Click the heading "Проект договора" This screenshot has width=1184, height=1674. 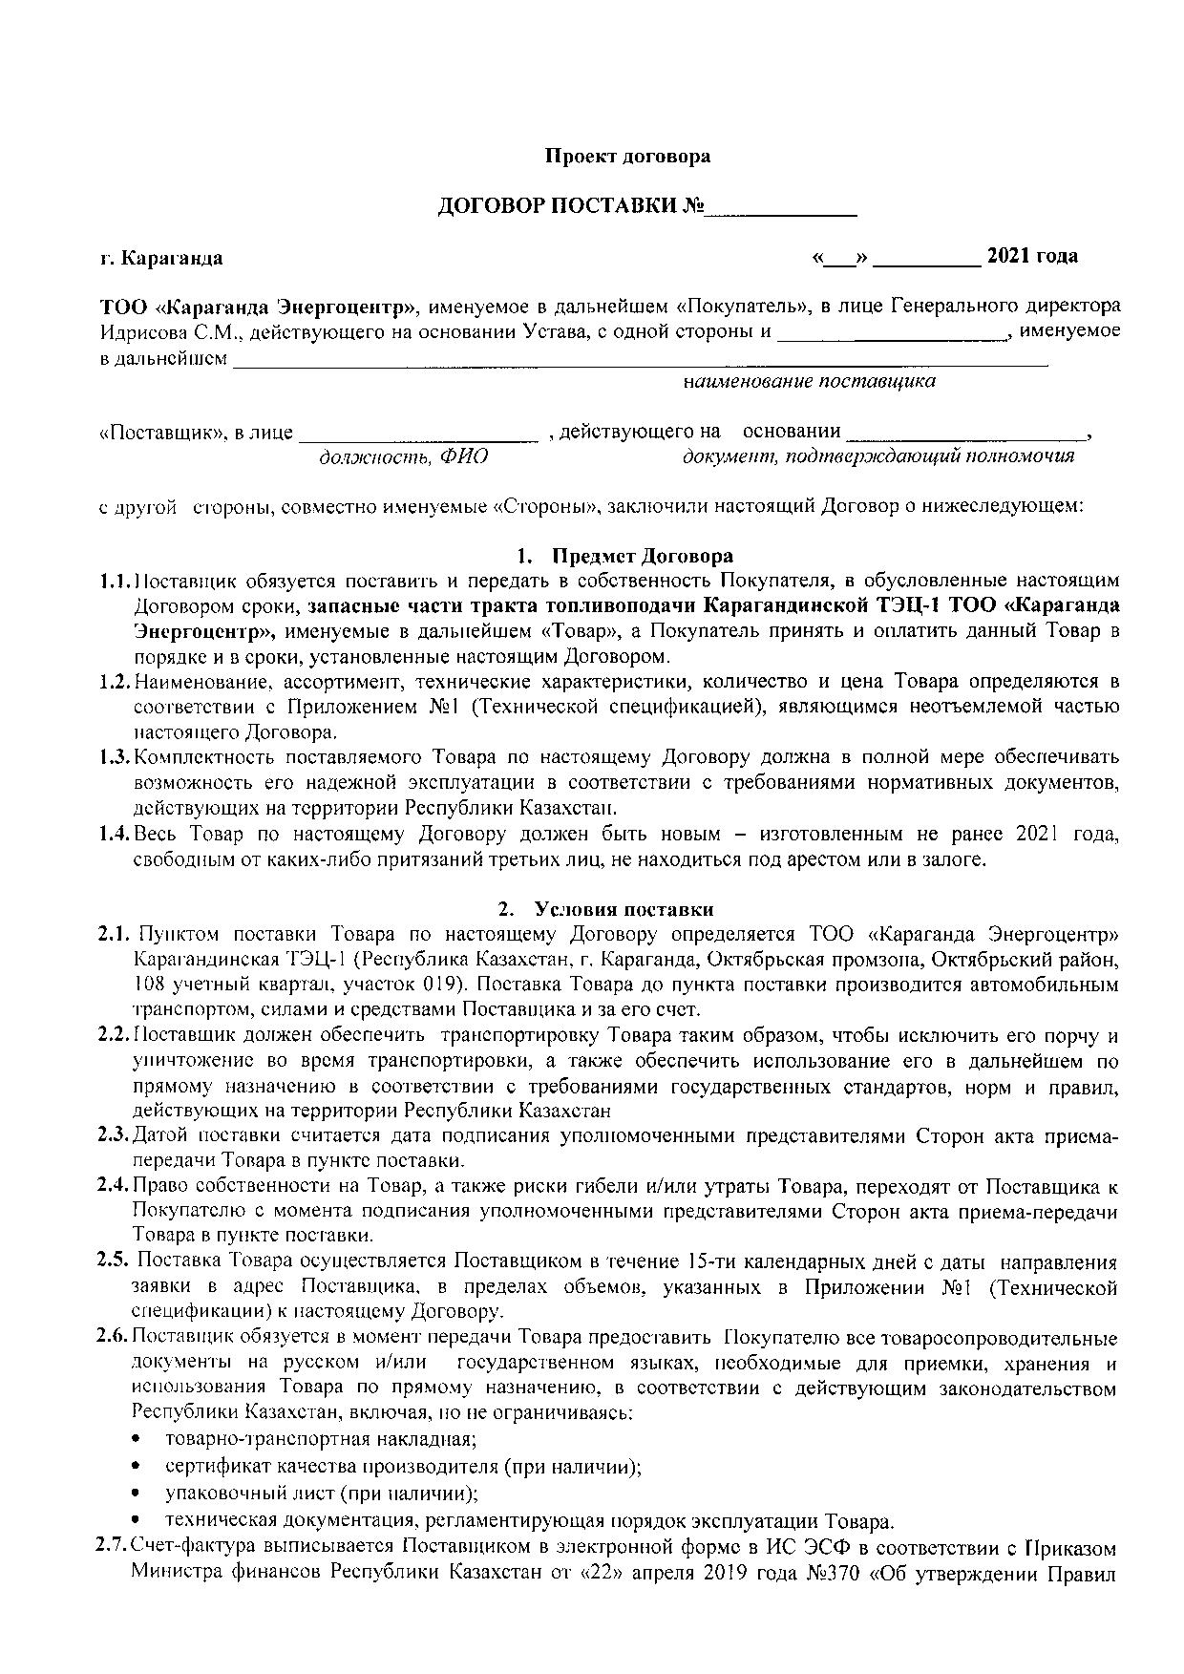coord(626,156)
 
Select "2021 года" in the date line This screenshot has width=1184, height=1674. coord(1032,256)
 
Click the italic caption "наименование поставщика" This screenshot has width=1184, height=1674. coord(809,382)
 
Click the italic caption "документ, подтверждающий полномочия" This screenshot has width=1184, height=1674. coord(878,456)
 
